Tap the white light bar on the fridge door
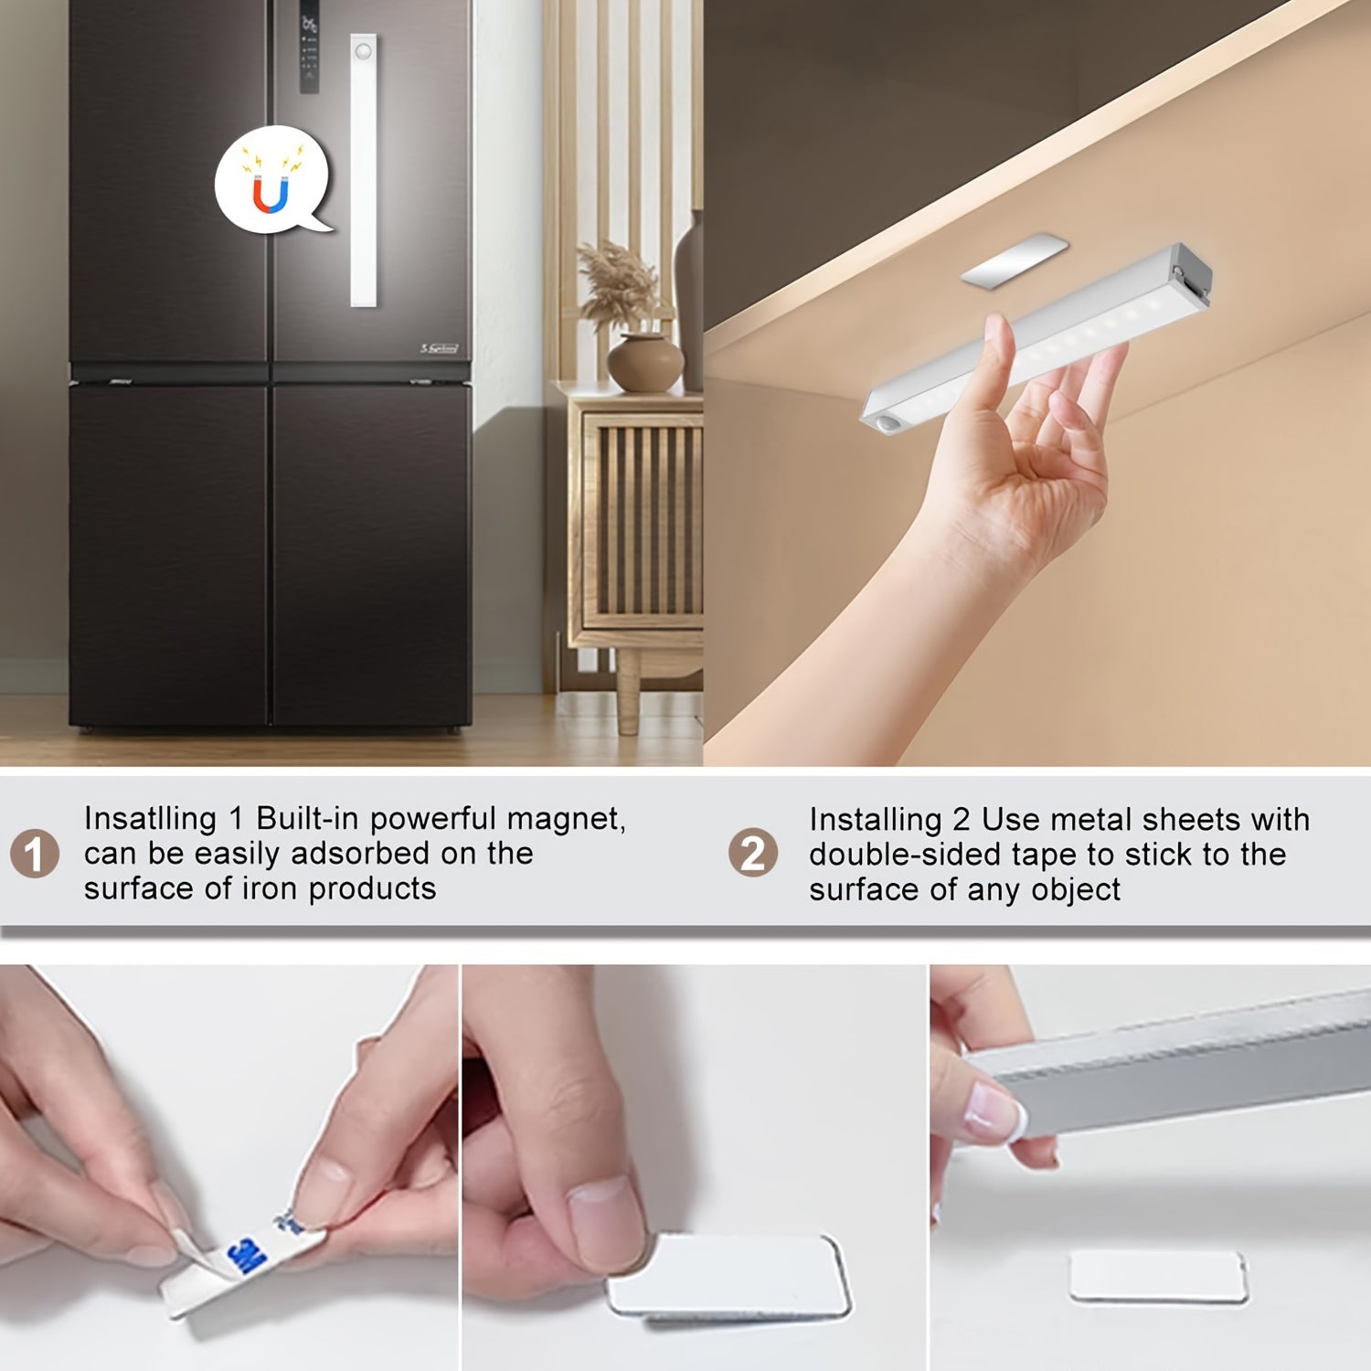[x=364, y=174]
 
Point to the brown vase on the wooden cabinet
[x=644, y=363]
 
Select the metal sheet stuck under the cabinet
[x=1015, y=262]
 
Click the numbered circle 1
[x=35, y=854]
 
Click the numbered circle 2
[x=753, y=854]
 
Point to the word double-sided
[x=883, y=855]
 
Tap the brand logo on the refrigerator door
[x=440, y=348]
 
